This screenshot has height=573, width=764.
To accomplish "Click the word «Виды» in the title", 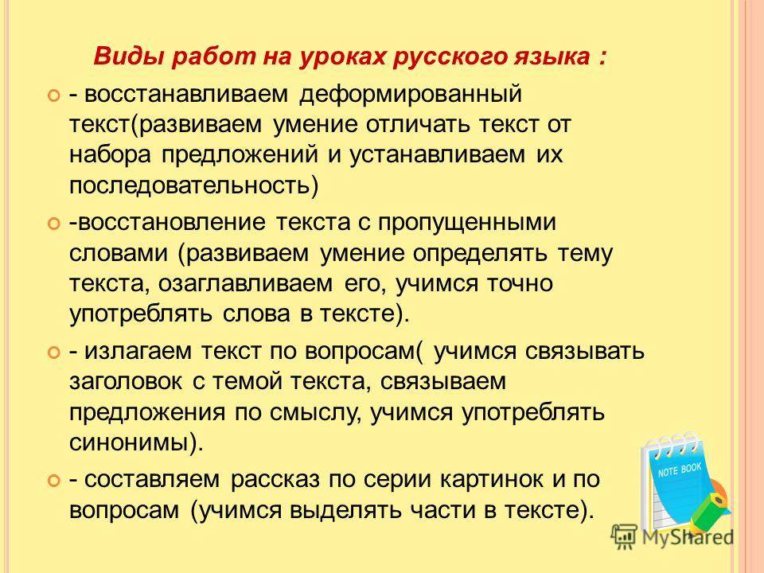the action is (x=124, y=56).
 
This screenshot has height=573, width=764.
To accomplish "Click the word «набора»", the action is (x=110, y=154).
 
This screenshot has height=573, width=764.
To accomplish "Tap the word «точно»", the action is (x=520, y=283).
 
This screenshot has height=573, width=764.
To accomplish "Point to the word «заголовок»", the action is (x=126, y=381).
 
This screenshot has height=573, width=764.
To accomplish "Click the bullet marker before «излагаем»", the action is (x=53, y=351).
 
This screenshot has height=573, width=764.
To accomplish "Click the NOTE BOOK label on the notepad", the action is (x=680, y=470).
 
